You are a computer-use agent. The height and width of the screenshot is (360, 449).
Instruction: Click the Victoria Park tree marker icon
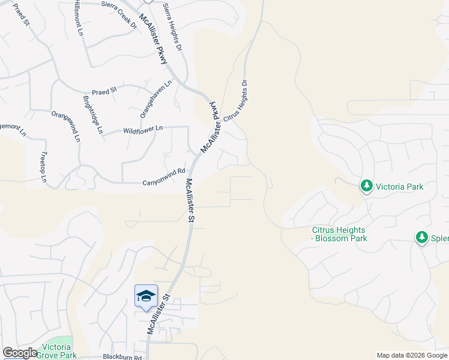tap(366, 186)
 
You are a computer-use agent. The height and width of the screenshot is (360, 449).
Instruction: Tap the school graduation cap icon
tap(146, 296)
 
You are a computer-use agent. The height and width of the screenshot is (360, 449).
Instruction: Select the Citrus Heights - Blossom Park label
tap(339, 234)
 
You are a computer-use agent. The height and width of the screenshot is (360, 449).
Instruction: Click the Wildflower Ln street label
tap(143, 129)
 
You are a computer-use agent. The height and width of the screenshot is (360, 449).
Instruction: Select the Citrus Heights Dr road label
tap(235, 102)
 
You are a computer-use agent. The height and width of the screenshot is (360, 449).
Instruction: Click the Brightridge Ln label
tap(93, 114)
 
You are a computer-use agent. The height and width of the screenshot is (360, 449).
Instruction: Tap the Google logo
tap(20, 353)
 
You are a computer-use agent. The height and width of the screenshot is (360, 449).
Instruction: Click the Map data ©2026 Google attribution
tap(412, 355)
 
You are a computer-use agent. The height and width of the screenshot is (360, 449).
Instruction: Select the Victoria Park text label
tap(399, 187)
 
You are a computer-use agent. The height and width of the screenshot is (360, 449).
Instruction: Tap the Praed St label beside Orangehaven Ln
tap(104, 89)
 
